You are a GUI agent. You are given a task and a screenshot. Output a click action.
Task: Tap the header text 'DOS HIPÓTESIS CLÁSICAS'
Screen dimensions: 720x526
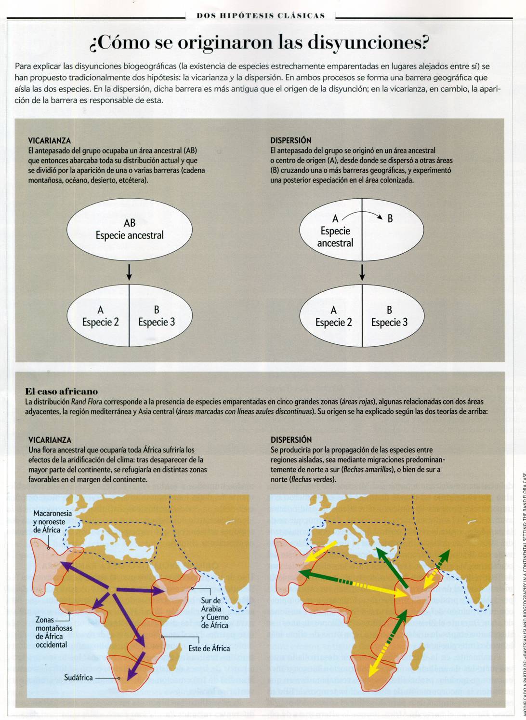(261, 16)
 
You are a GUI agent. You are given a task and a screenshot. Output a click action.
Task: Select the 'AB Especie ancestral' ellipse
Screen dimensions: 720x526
(129, 230)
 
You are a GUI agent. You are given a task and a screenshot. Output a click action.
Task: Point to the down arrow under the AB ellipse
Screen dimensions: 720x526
(129, 272)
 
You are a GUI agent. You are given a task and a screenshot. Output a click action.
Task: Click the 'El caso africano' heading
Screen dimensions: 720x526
(61, 391)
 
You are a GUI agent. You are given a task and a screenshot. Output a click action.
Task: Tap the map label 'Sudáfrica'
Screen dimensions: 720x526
(79, 678)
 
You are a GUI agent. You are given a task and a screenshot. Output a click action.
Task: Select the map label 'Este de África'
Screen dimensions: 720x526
(209, 648)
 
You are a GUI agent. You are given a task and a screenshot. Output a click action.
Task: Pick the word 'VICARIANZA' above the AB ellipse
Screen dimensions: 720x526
(50, 141)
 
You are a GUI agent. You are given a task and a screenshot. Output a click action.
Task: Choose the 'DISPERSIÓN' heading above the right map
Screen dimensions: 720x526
(291, 440)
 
